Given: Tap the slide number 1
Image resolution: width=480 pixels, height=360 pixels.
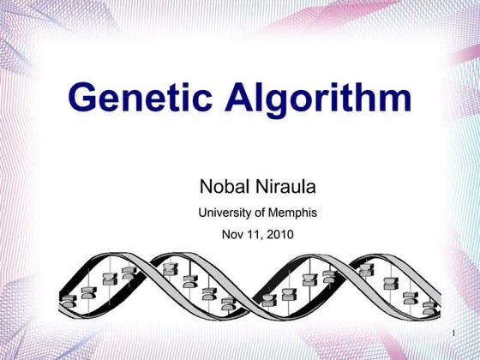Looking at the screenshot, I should click(x=452, y=332).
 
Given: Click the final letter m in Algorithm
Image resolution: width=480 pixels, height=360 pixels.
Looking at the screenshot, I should click(x=395, y=100).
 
